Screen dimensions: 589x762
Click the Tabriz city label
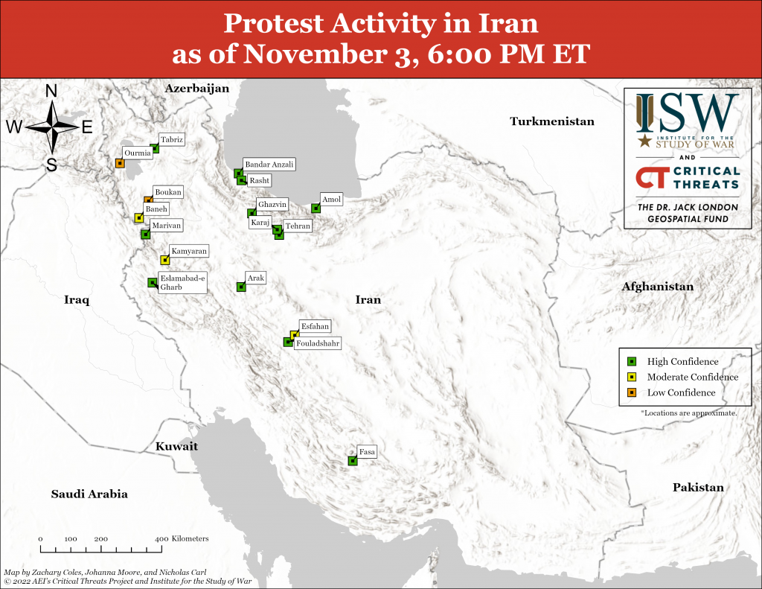(x=171, y=139)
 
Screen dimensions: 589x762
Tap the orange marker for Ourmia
(x=120, y=163)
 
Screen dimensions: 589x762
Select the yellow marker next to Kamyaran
(x=165, y=260)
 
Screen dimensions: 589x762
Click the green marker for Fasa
(x=353, y=461)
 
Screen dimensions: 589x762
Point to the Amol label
(x=331, y=199)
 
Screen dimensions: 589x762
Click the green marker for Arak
(x=240, y=287)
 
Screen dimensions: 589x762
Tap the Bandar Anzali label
(x=269, y=164)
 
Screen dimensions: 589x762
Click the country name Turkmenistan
(x=551, y=121)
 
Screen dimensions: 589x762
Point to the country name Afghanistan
(x=657, y=287)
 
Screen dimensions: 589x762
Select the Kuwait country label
(x=176, y=447)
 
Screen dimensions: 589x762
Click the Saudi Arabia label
(x=89, y=494)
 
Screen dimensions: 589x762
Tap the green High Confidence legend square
(x=631, y=361)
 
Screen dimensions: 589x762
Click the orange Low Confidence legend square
(x=631, y=392)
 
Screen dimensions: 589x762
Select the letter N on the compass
(x=52, y=91)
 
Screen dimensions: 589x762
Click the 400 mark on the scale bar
(x=161, y=538)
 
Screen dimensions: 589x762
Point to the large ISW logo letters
(x=687, y=112)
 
